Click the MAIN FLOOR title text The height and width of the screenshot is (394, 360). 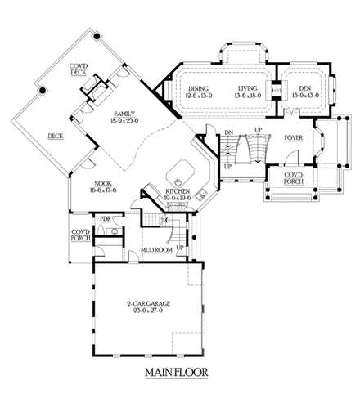176,375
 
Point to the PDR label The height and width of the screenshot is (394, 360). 105,219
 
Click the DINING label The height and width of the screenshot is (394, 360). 198,88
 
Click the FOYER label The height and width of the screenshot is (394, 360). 294,137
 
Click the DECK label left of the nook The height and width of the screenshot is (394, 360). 56,137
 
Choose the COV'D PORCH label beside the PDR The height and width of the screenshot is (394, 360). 80,235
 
